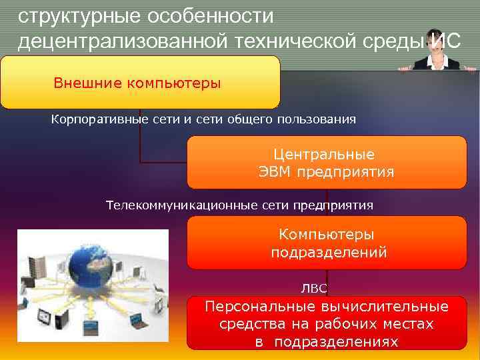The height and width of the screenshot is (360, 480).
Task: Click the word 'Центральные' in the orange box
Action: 324,154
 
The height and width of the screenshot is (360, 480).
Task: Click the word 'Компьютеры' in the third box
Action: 326,235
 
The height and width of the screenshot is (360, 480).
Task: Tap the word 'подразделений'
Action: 329,253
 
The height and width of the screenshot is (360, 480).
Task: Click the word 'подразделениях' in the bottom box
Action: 336,342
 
